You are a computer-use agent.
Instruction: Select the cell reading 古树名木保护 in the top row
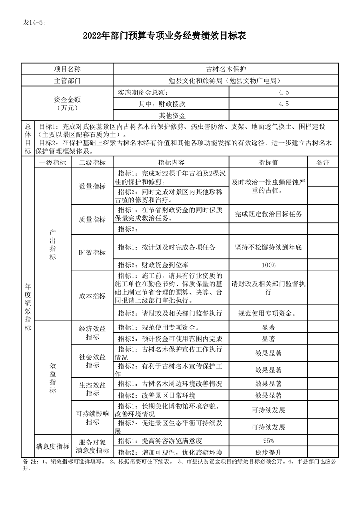point(226,69)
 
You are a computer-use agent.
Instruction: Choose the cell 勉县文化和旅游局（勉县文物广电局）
point(226,81)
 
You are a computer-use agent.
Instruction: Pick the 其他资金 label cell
point(172,115)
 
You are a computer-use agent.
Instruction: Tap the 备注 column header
point(323,162)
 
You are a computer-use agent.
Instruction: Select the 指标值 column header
point(268,162)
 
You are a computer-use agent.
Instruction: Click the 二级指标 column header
point(92,162)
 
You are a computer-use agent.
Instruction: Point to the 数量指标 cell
point(92,186)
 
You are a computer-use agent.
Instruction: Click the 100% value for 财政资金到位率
point(268,265)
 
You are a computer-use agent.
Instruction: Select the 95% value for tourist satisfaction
point(268,441)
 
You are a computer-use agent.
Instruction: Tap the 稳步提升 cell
point(268,452)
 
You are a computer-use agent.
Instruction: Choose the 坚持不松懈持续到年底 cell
point(268,247)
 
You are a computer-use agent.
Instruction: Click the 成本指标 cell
point(92,295)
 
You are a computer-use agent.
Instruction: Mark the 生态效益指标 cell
point(92,389)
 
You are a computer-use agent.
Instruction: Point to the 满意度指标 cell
point(53,446)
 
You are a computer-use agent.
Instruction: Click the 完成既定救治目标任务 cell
point(268,214)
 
